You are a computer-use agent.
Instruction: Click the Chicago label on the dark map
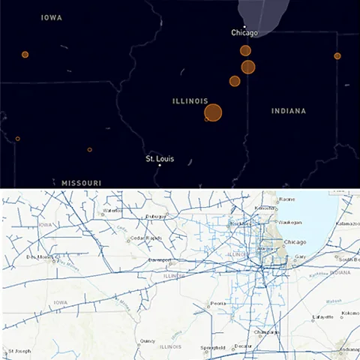(244, 33)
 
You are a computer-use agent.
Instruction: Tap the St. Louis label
(159, 159)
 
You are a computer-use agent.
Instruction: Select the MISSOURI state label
(81, 183)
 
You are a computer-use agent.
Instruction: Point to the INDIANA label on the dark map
(289, 111)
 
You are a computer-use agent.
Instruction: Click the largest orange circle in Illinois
(213, 112)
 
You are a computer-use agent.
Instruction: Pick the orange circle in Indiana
(337, 56)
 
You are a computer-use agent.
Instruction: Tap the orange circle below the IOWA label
(25, 55)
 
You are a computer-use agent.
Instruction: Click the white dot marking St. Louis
(159, 166)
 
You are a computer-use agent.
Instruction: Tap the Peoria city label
(218, 303)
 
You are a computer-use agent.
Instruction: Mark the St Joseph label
(19, 351)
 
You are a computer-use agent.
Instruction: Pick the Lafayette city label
(323, 318)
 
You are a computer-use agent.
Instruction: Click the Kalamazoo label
(348, 223)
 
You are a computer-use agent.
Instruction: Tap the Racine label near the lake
(286, 199)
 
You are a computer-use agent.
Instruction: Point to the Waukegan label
(289, 222)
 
